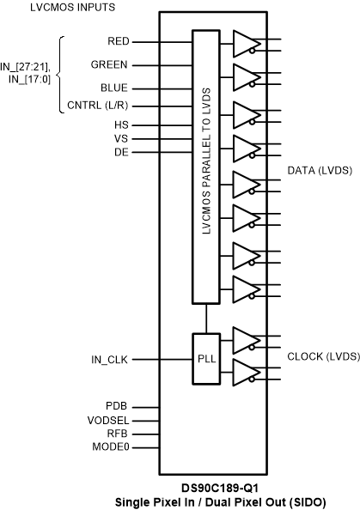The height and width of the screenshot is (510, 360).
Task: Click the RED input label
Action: tap(119, 40)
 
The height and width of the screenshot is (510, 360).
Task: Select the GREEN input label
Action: tap(110, 64)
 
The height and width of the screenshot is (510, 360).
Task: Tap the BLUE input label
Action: tap(115, 87)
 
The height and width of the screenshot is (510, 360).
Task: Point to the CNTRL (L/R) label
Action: tap(98, 106)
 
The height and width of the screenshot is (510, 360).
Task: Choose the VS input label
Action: tap(122, 137)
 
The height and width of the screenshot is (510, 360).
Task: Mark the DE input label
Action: tap(122, 152)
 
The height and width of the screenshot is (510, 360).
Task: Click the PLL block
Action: tap(204, 360)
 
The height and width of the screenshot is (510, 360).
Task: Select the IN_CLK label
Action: tap(110, 360)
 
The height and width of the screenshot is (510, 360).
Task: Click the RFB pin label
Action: tap(118, 434)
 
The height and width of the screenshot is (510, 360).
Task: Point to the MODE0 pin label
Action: tap(111, 447)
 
